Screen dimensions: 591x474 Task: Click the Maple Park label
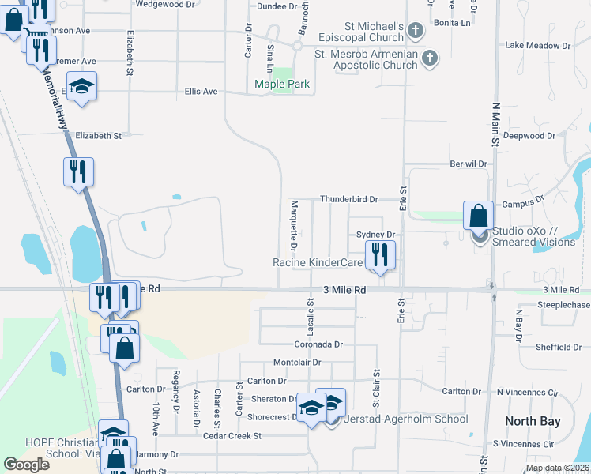tap(281, 84)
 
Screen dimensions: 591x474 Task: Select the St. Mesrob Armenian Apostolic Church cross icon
tap(428, 57)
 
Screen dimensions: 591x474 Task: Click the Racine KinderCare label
tap(318, 262)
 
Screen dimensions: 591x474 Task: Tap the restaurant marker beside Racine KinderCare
tap(380, 255)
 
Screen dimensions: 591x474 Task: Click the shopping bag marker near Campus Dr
tap(478, 216)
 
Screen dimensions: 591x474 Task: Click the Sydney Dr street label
tap(375, 235)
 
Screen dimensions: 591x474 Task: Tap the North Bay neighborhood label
tap(533, 421)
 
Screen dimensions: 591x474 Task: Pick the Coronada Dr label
tap(318, 344)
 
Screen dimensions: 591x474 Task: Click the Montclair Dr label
tap(297, 363)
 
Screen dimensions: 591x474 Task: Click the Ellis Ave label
tap(201, 92)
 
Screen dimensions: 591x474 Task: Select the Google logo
tap(27, 465)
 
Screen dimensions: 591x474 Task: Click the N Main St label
tap(496, 124)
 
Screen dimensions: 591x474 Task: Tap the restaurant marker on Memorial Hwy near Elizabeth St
tap(78, 171)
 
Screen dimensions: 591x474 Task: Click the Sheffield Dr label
tap(559, 347)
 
